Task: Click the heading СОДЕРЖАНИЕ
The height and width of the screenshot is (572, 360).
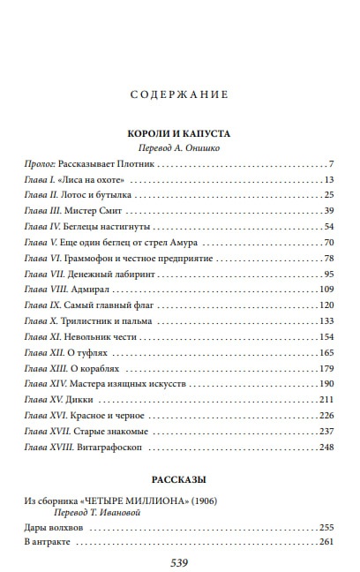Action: (x=179, y=94)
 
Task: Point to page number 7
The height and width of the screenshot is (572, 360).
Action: (x=330, y=165)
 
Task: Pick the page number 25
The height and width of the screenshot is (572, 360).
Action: (x=327, y=195)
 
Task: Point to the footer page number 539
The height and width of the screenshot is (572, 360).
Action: (x=179, y=561)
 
